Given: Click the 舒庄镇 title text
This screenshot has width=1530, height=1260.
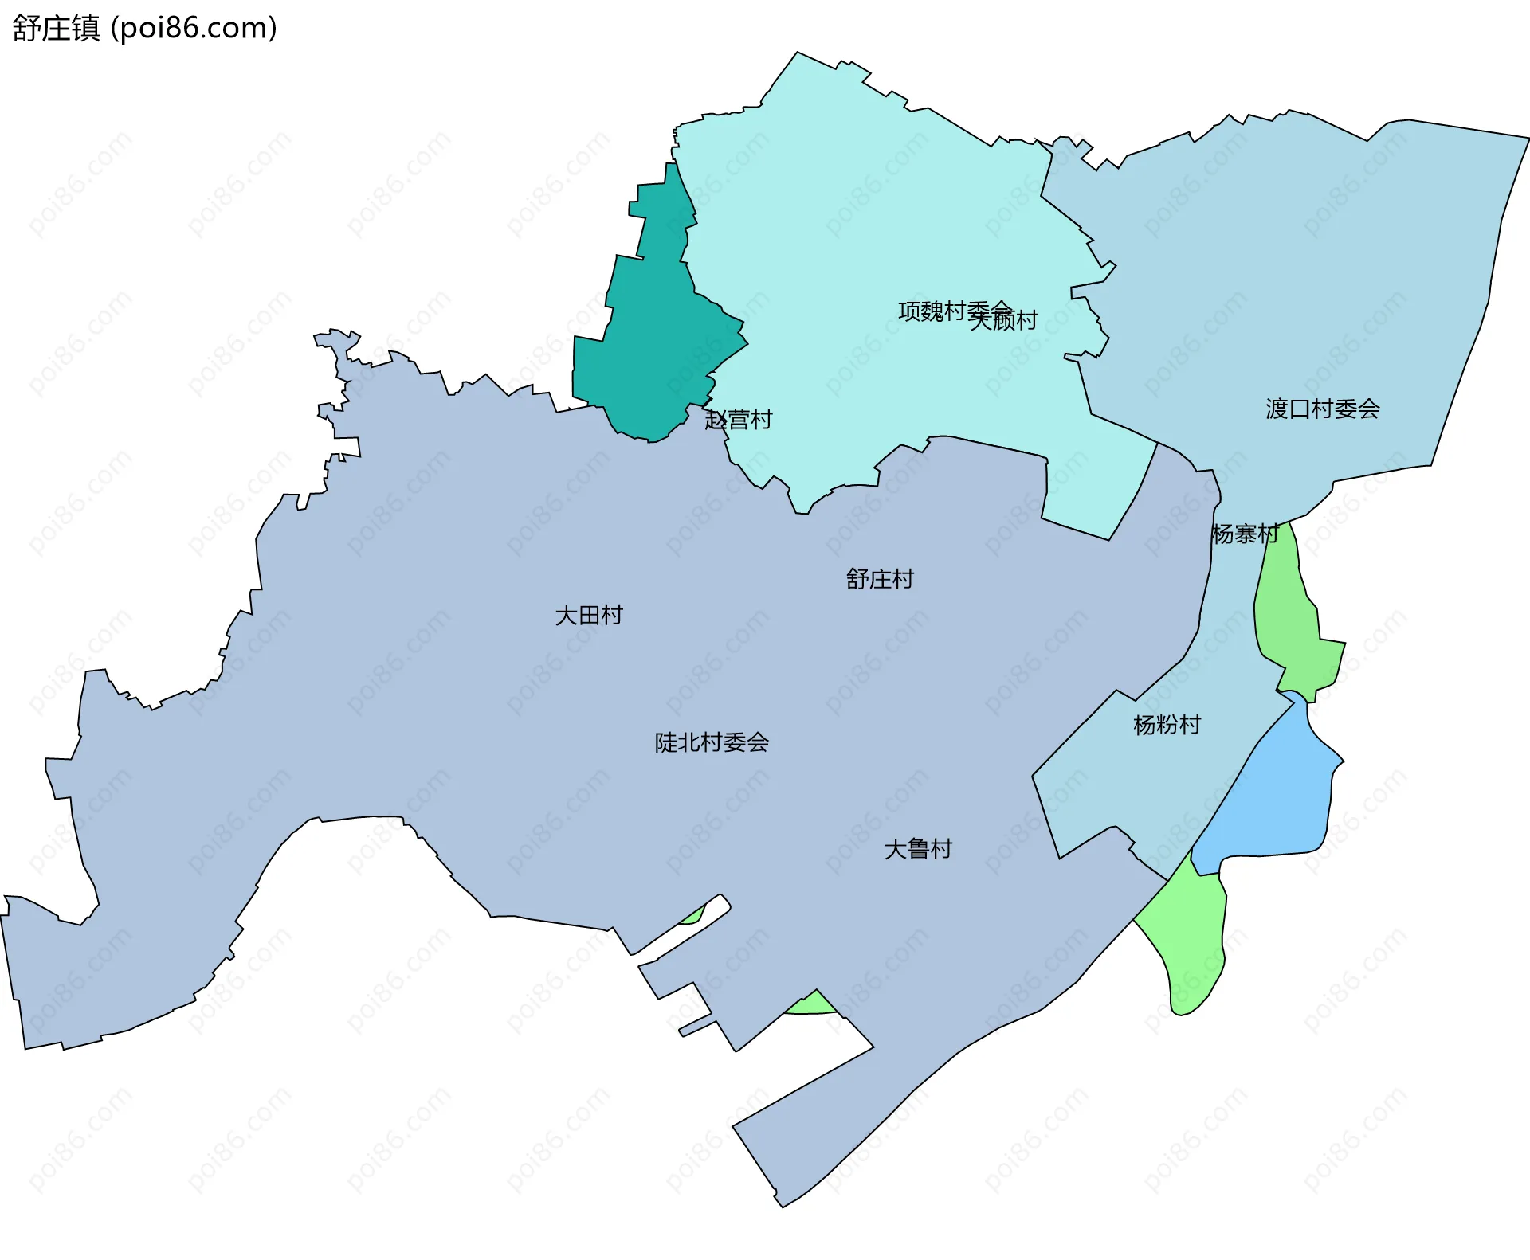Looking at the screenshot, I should coord(56,28).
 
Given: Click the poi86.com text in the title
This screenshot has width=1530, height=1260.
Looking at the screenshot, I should coord(194,28).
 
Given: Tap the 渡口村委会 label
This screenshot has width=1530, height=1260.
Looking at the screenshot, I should coord(1322,409).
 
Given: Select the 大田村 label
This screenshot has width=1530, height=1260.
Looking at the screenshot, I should coord(588,615).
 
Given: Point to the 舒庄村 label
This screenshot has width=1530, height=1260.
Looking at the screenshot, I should coord(880,579).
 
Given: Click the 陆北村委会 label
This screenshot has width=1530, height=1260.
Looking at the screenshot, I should coord(711,742).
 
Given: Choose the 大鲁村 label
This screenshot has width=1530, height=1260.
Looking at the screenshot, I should coord(918,849).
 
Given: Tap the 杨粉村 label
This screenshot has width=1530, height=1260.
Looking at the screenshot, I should coord(1167,725).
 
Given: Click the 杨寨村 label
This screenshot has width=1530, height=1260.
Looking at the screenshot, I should coord(1244,534).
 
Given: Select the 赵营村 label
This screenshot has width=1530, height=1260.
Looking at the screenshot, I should coord(739,420).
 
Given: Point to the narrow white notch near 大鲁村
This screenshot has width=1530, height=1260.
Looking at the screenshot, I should coord(685,936).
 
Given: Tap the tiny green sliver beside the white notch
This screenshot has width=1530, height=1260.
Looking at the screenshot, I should coord(693,917).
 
